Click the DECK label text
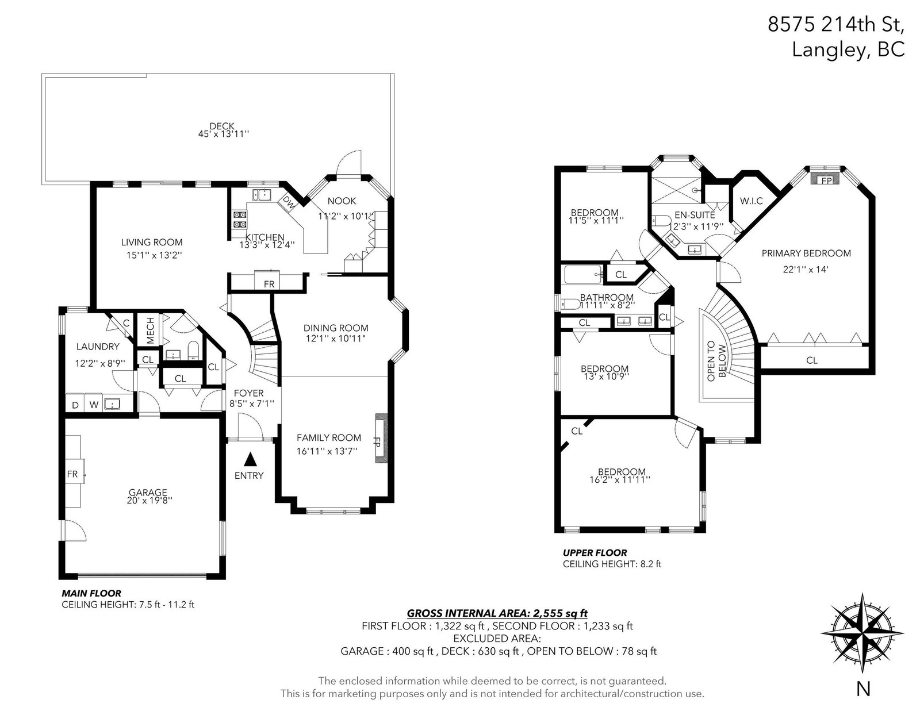[222, 126]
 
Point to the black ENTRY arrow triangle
[250, 458]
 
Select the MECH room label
[151, 330]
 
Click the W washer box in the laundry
[94, 404]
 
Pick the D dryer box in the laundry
[75, 404]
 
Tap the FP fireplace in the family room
[381, 440]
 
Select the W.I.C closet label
[752, 201]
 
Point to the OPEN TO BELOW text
[716, 361]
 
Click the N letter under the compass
[863, 689]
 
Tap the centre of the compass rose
[862, 633]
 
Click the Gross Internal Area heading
[497, 613]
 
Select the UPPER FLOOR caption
[595, 552]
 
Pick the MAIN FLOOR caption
[91, 593]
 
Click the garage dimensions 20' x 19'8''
[149, 500]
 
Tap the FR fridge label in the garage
[72, 474]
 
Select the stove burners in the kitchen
[240, 219]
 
